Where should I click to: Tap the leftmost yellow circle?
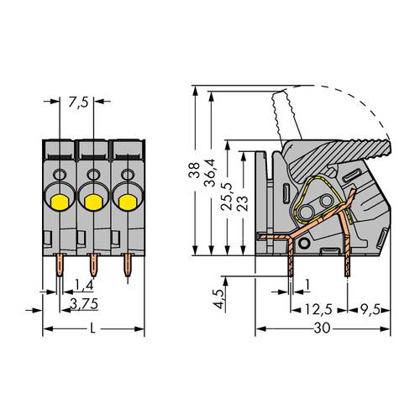60,202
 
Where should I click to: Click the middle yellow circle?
92,202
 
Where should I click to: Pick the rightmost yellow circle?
126,202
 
